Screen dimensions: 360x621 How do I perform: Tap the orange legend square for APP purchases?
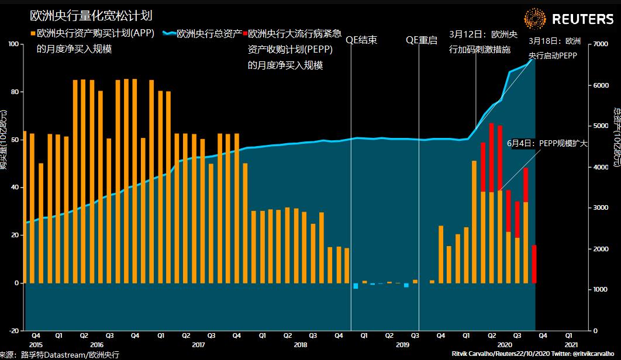[x=33, y=34]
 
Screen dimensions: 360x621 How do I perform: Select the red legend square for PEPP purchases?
[x=246, y=34]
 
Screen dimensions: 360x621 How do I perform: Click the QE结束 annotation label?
[x=361, y=40]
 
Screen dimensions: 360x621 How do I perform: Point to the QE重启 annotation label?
[x=422, y=40]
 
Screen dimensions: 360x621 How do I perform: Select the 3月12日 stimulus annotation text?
[x=483, y=41]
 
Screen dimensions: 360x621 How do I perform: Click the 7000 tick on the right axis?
[x=601, y=44]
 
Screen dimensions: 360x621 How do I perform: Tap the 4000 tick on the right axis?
[x=601, y=167]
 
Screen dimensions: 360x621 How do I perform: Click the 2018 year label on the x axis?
[x=301, y=345]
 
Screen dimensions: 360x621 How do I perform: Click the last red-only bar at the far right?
[x=534, y=264]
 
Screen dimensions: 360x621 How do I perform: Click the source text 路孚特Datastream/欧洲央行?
[x=70, y=355]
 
